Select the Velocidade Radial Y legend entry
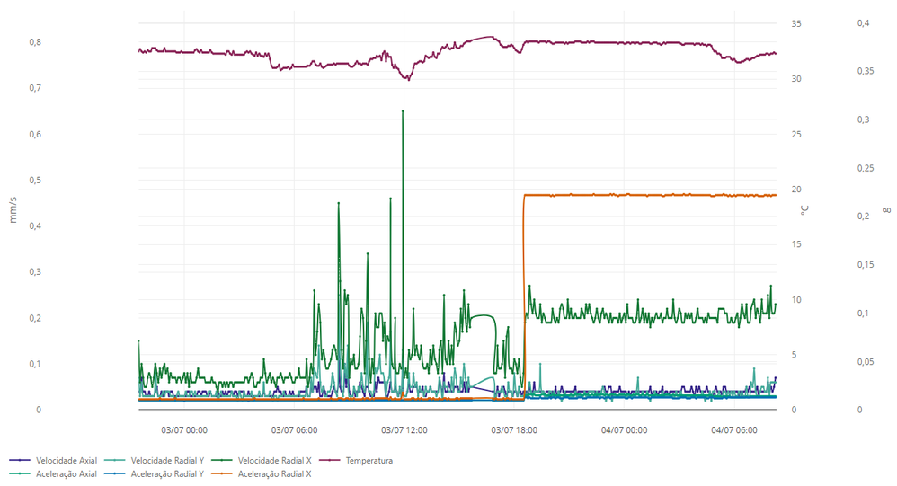166,461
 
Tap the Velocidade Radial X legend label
275,461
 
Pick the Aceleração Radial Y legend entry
166,473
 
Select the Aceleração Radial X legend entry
274,473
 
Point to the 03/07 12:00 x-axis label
404,430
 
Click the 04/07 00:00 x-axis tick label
625,430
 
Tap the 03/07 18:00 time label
514,430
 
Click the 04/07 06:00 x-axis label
734,430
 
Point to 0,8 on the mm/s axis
35,42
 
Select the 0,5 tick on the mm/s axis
35,180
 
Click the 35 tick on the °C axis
796,23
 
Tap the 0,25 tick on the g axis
865,168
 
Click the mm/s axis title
13,210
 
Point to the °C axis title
804,210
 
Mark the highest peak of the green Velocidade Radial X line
403,110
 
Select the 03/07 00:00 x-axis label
184,430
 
